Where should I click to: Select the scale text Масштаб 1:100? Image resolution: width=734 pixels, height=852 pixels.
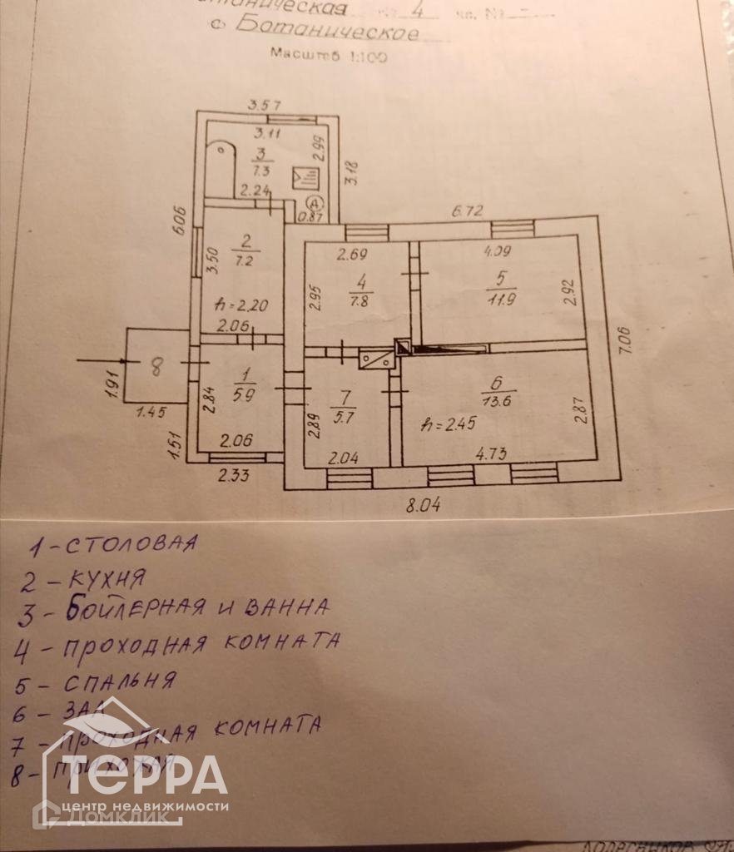(328, 56)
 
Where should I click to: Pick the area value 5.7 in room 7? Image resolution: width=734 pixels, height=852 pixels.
(342, 418)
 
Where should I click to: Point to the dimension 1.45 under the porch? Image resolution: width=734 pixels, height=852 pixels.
(151, 410)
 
